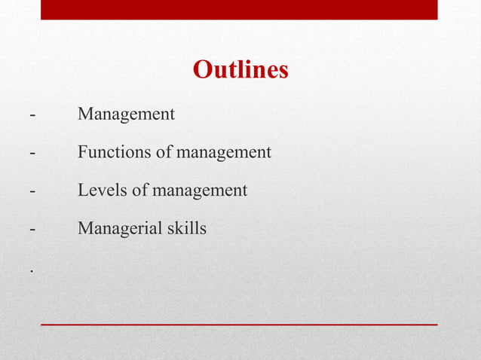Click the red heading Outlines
[x=240, y=70]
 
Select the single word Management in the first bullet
[x=126, y=114]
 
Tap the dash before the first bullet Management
[x=32, y=115]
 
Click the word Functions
[x=114, y=152]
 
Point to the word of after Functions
[x=164, y=152]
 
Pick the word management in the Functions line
[x=223, y=153]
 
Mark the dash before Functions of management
[x=32, y=153]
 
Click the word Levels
[x=103, y=191]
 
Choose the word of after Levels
[x=139, y=191]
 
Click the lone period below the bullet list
[x=32, y=270]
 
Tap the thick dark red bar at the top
[x=239, y=10]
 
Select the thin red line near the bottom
[x=239, y=324]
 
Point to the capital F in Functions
[x=82, y=152]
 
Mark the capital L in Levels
[x=82, y=191]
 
